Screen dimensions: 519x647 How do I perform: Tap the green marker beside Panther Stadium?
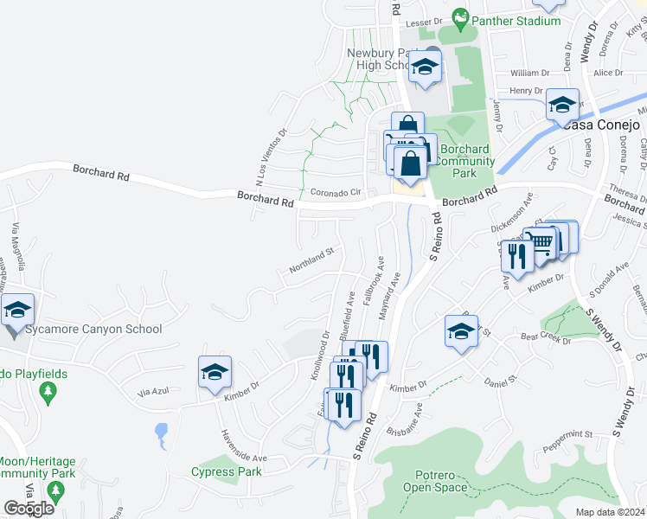click(x=462, y=17)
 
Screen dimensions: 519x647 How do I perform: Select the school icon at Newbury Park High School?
click(x=424, y=67)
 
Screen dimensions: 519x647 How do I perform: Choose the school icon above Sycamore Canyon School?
click(x=17, y=311)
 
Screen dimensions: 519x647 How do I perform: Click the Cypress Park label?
click(x=227, y=472)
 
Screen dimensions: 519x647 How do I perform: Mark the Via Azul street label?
click(x=155, y=393)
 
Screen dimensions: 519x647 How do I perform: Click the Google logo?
click(x=29, y=509)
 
